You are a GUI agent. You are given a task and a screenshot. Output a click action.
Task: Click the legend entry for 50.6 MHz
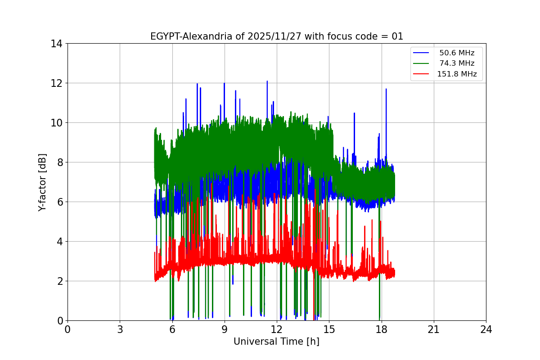[457, 53]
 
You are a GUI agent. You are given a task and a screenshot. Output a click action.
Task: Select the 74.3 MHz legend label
[457, 63]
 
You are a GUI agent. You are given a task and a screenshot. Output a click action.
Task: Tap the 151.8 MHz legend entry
[457, 74]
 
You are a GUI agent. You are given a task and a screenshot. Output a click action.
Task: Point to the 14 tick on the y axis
[56, 44]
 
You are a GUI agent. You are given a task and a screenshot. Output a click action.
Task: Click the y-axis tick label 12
[56, 83]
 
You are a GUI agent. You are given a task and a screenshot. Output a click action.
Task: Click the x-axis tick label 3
[120, 329]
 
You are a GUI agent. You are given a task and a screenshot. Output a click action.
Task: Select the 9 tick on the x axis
[225, 329]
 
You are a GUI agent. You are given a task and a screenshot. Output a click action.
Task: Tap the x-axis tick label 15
[329, 329]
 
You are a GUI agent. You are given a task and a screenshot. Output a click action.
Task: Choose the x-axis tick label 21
[434, 329]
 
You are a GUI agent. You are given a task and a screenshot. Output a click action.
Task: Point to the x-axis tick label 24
[486, 329]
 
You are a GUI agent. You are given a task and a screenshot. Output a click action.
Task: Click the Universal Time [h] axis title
[276, 342]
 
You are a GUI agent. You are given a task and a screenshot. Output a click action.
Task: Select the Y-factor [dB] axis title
[42, 182]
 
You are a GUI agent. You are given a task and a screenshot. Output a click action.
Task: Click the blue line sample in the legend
[421, 53]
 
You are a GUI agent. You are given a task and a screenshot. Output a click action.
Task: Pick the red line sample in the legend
[421, 74]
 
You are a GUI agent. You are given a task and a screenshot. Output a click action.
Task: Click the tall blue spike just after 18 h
[386, 90]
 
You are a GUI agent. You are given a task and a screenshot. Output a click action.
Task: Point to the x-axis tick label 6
[172, 329]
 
